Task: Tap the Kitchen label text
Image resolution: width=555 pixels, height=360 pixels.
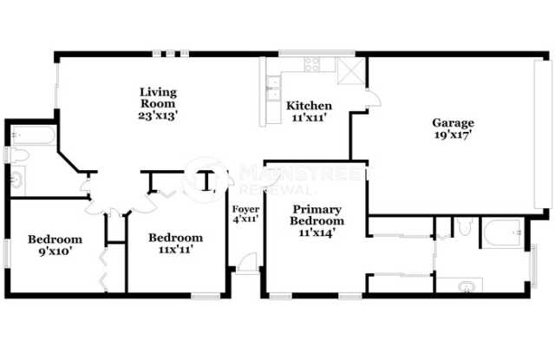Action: (x=309, y=106)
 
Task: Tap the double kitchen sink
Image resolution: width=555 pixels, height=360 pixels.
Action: (x=271, y=83)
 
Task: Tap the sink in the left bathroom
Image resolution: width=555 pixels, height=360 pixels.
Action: (x=16, y=180)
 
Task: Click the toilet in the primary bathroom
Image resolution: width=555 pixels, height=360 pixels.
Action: (x=464, y=227)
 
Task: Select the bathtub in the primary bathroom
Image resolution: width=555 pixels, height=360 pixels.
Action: (x=502, y=232)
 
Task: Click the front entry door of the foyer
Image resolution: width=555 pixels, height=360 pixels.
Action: (x=246, y=264)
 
